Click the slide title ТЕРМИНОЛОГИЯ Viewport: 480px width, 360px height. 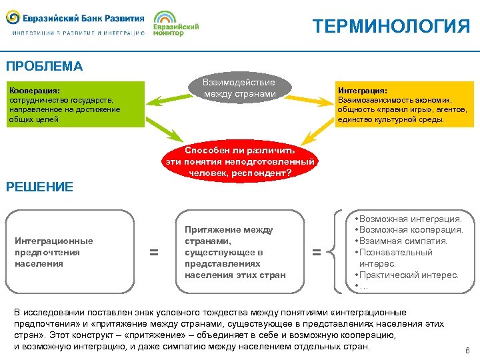391,27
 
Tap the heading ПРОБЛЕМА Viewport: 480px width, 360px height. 44,67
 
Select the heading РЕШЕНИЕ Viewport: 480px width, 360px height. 39,187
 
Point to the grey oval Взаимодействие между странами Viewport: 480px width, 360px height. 239,88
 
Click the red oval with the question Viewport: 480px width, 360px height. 239,161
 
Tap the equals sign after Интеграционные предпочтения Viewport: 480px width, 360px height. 154,253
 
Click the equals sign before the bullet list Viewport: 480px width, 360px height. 317,253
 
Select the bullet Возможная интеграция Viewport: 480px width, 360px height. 409,219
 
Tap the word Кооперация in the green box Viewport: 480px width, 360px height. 34,90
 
